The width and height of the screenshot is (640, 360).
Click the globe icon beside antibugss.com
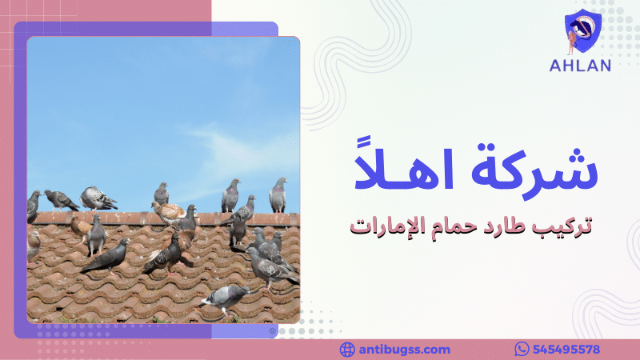[346, 350]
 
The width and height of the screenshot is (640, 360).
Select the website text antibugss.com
[404, 350]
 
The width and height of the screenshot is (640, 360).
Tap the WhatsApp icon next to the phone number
[522, 350]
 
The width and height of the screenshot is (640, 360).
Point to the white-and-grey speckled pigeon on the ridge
[98, 198]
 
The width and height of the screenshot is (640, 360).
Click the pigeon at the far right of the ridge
[278, 195]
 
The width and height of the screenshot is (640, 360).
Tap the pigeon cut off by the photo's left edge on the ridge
[34, 206]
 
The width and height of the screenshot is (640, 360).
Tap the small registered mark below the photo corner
[273, 330]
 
